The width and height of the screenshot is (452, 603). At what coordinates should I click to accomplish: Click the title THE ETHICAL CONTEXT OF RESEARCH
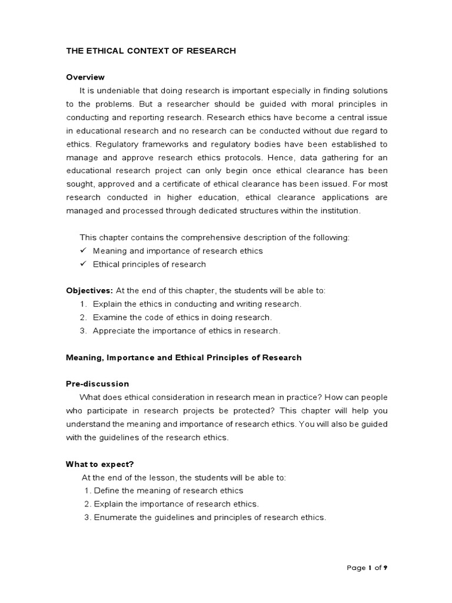coord(151,51)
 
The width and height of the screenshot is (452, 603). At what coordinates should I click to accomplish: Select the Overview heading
coord(85,77)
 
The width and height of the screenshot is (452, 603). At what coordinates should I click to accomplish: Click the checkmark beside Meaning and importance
coord(83,250)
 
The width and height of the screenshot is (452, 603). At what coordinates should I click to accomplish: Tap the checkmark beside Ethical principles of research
coord(83,264)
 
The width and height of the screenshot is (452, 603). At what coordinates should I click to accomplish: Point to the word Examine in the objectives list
coord(109,317)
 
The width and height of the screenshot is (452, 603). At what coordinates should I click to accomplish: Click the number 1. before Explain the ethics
coord(83,304)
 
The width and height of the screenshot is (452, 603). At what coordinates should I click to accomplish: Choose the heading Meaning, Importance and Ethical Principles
coord(184,357)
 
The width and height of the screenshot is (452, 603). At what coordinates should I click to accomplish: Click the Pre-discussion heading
coord(97,384)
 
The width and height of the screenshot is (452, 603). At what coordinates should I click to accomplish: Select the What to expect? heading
coord(96,464)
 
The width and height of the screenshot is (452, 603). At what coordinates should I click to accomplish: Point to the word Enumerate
coord(115,517)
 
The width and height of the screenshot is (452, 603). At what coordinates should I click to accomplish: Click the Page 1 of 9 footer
coord(367,568)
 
